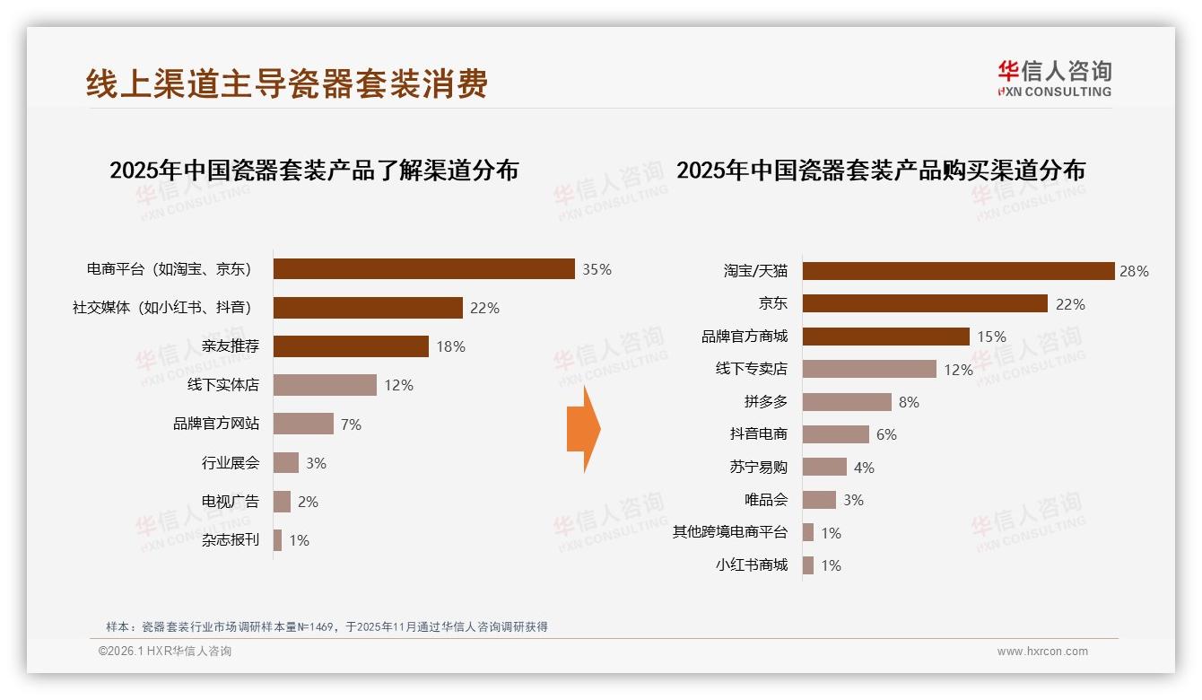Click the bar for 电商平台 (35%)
pyautogui.click(x=423, y=269)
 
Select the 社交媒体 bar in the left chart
pyautogui.click(x=368, y=308)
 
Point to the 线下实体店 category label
pyautogui.click(x=223, y=385)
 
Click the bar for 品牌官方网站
pyautogui.click(x=303, y=424)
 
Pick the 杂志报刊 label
pyautogui.click(x=231, y=540)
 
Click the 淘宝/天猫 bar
pyautogui.click(x=958, y=271)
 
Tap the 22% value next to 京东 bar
pyautogui.click(x=1070, y=304)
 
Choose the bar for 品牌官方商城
pyautogui.click(x=885, y=337)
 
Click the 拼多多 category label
pyautogui.click(x=765, y=402)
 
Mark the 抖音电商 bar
pyautogui.click(x=835, y=434)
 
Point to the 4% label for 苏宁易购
pyautogui.click(x=864, y=468)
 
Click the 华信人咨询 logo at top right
pyautogui.click(x=1054, y=79)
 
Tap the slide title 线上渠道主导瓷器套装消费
pyautogui.click(x=287, y=83)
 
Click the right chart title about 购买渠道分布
pyautogui.click(x=881, y=170)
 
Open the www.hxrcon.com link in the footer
pyautogui.click(x=1042, y=652)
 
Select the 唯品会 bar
pyautogui.click(x=819, y=500)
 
